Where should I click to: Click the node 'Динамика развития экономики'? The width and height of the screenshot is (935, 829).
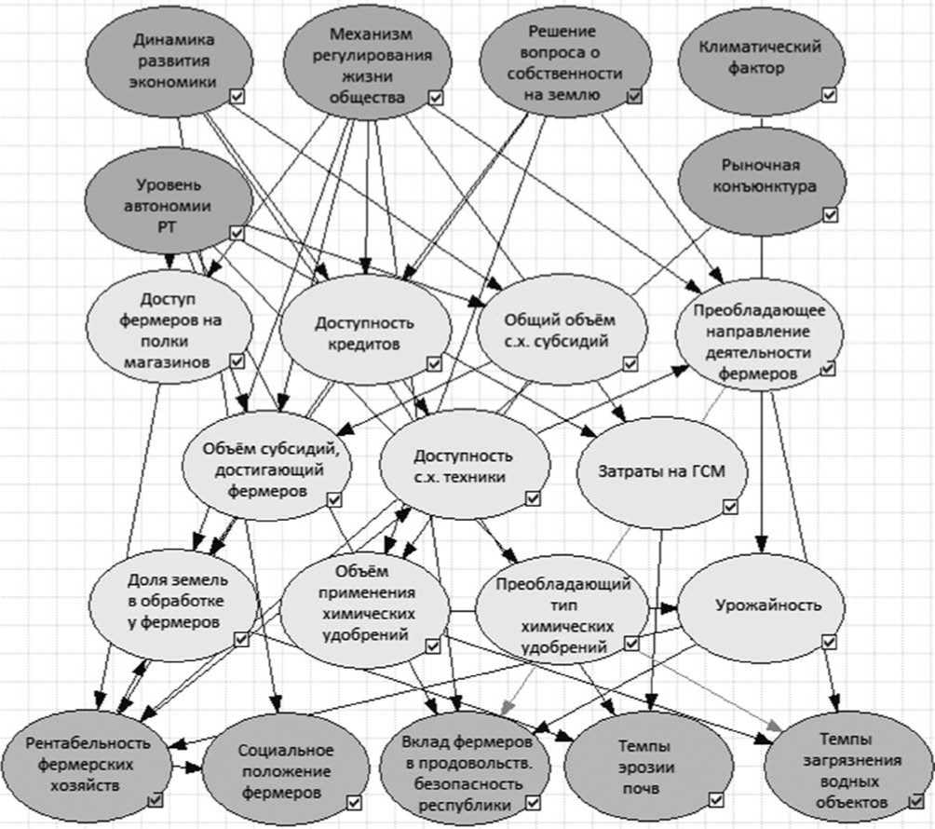coord(173,61)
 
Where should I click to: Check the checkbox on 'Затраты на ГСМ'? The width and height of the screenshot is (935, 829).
coord(731,506)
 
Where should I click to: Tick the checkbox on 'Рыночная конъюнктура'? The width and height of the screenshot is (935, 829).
coord(830,214)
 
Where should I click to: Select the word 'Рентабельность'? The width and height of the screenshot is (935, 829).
coord(88,742)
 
